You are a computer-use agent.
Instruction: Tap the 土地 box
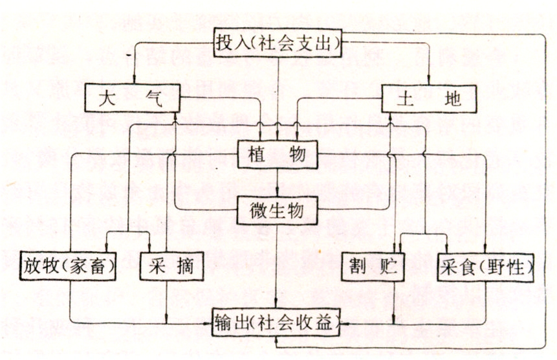click(428, 99)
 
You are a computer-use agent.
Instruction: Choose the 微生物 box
click(278, 210)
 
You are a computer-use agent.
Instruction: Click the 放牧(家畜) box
click(69, 265)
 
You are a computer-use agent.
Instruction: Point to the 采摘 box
click(168, 265)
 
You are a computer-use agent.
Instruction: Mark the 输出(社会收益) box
click(278, 321)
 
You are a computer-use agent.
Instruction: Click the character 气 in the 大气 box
click(151, 100)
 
